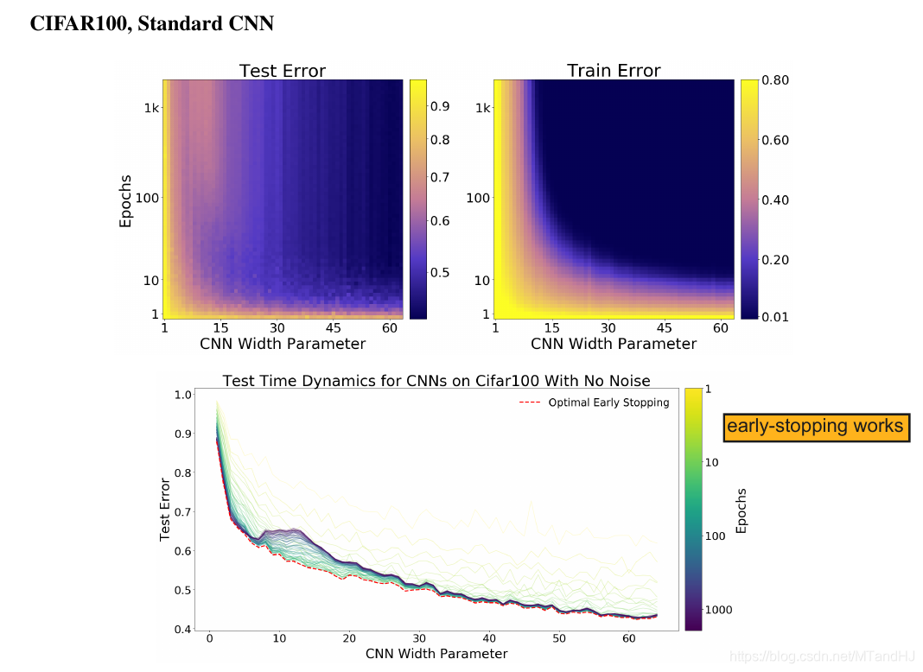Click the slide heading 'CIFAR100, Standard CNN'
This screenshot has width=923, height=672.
pyautogui.click(x=152, y=24)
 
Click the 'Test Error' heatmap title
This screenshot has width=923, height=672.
pyautogui.click(x=282, y=71)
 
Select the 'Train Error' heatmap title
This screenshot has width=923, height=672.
pyautogui.click(x=614, y=71)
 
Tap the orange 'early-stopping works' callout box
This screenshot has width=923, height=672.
pyautogui.click(x=816, y=427)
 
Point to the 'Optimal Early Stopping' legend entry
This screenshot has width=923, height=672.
pyautogui.click(x=608, y=403)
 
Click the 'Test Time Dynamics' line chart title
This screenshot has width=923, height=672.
pyautogui.click(x=436, y=381)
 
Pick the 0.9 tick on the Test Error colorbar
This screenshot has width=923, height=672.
pyautogui.click(x=440, y=106)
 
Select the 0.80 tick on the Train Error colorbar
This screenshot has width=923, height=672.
pyautogui.click(x=775, y=80)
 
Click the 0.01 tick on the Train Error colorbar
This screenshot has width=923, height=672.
pyautogui.click(x=775, y=316)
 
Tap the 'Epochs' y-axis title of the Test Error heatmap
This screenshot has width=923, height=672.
pyautogui.click(x=126, y=201)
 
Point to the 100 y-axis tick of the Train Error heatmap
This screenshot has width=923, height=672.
pyautogui.click(x=478, y=198)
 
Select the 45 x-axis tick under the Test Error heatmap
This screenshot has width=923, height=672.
pyautogui.click(x=334, y=328)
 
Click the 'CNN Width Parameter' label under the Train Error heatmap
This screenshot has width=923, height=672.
pyautogui.click(x=614, y=344)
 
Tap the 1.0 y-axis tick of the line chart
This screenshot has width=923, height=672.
pyautogui.click(x=182, y=395)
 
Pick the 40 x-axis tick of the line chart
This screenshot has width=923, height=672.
pyautogui.click(x=489, y=638)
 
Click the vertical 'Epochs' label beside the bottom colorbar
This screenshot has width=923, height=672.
pyautogui.click(x=742, y=510)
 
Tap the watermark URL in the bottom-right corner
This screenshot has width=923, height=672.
pyautogui.click(x=822, y=658)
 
